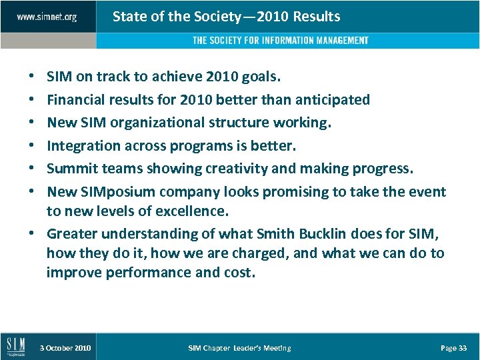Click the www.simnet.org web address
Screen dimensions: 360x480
[46, 17]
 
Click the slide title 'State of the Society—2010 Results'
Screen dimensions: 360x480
[226, 17]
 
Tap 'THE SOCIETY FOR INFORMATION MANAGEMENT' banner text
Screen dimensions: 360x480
[280, 41]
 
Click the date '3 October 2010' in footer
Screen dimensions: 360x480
[65, 348]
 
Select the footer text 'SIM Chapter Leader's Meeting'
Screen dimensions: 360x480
[239, 348]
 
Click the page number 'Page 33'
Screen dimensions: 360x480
[453, 348]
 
